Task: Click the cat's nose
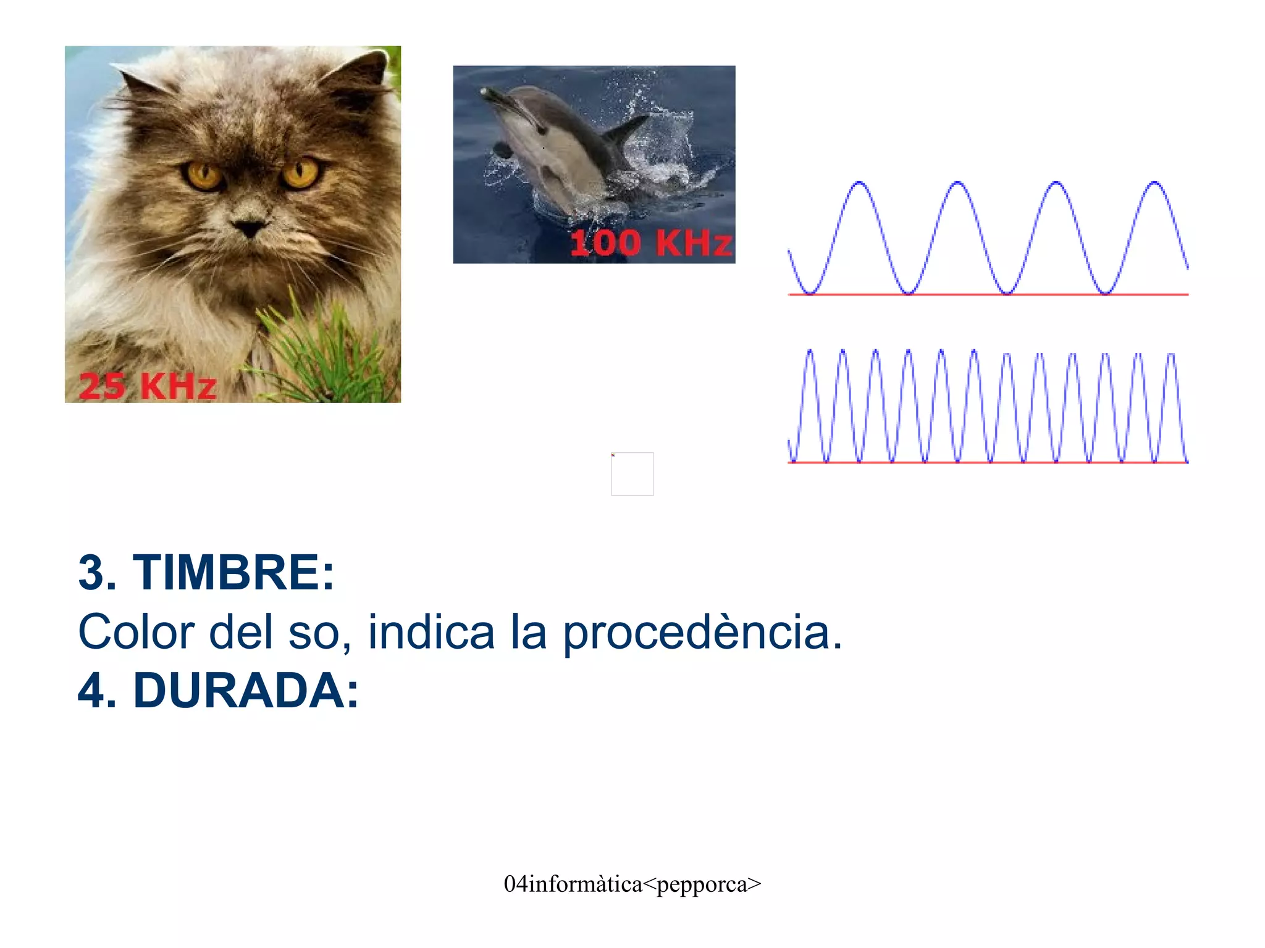point(250,228)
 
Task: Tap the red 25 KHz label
point(148,386)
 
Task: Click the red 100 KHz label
point(650,243)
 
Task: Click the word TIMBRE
point(233,573)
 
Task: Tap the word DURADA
point(245,691)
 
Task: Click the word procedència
point(702,633)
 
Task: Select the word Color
point(137,633)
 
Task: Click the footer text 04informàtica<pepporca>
point(632,884)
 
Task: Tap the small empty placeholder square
point(632,474)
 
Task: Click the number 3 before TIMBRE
point(91,573)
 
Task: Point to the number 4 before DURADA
point(91,691)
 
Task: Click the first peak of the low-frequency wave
point(859,183)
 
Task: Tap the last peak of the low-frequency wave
point(1154,183)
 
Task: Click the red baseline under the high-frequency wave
point(988,462)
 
